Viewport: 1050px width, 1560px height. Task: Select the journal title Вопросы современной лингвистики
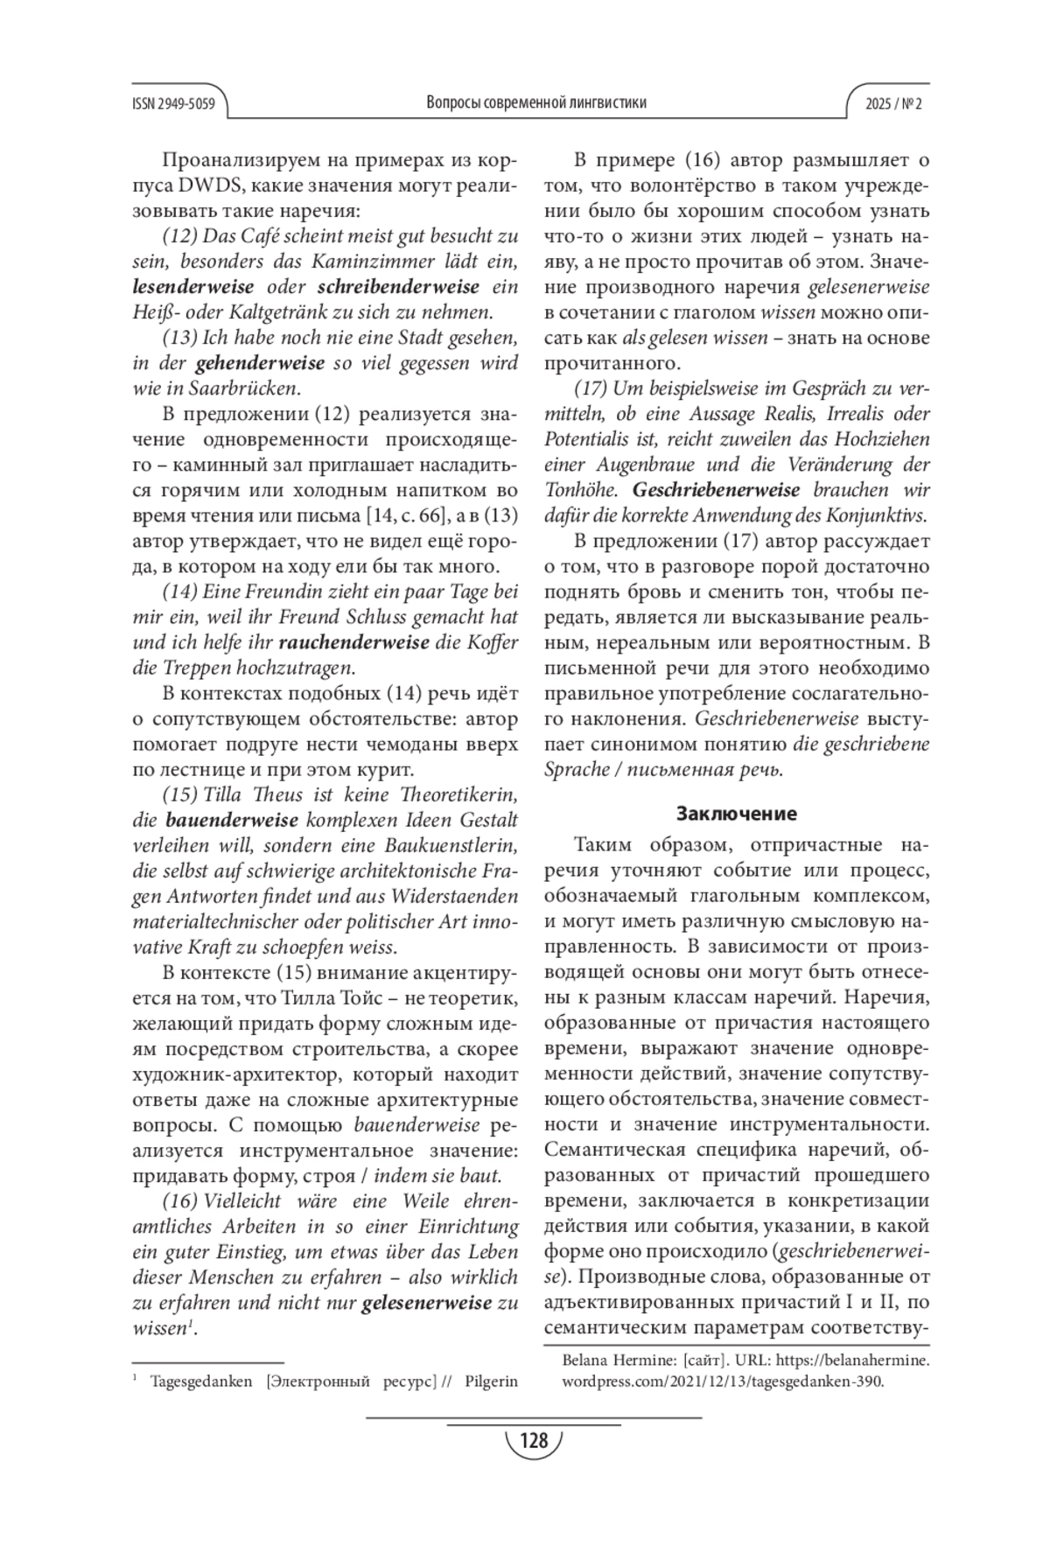coord(536,102)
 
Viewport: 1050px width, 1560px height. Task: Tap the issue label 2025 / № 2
coord(894,103)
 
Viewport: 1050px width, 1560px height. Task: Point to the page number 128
coord(533,1439)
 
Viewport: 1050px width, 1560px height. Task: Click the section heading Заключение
coord(737,814)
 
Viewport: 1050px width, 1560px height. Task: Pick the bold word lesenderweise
coord(193,286)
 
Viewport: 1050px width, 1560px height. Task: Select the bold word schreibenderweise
coord(398,286)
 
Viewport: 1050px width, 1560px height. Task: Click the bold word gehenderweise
coord(261,362)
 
